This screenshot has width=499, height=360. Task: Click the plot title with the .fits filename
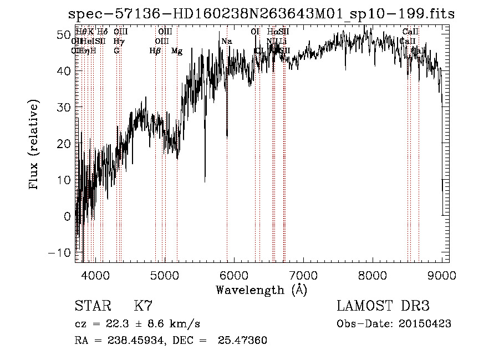(261, 14)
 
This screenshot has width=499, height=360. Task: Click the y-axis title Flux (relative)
(34, 145)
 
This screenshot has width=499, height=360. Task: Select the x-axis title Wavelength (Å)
(262, 290)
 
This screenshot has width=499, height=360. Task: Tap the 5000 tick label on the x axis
(165, 275)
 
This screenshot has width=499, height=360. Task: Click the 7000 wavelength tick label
(303, 275)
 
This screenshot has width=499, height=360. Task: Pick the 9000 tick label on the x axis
(442, 275)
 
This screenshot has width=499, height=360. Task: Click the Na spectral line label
(226, 41)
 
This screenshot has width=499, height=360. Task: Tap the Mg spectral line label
(177, 51)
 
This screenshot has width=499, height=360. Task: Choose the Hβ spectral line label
(155, 51)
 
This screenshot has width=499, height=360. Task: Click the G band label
(116, 51)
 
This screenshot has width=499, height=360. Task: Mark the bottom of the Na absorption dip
(227, 135)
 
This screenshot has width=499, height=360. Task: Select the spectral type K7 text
(143, 306)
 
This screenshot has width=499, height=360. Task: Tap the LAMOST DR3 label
(383, 306)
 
